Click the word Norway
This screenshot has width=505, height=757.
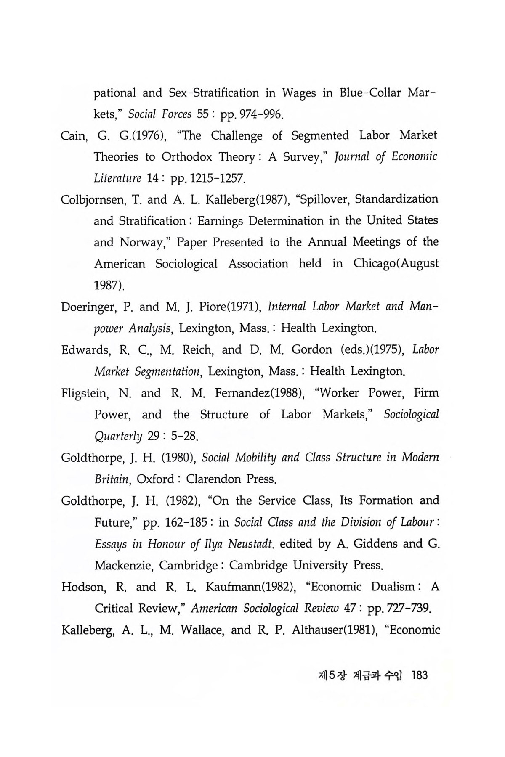point(144,243)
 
